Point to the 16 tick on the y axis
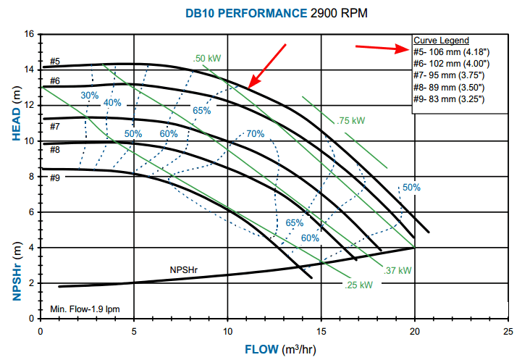click(29, 34)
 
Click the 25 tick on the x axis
click(508, 330)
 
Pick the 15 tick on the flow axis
click(321, 330)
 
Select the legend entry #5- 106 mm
click(449, 51)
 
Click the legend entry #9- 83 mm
click(449, 99)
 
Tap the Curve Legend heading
click(441, 40)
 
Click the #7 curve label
click(55, 127)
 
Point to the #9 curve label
click(55, 177)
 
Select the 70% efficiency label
click(255, 134)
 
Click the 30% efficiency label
click(90, 96)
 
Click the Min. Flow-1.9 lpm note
click(85, 309)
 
